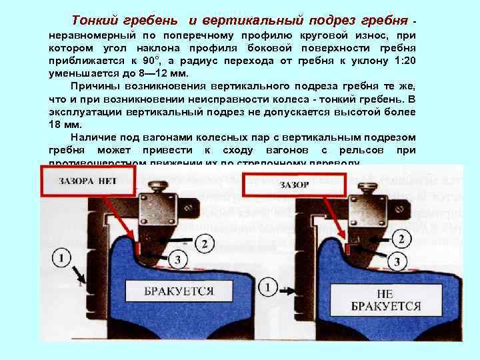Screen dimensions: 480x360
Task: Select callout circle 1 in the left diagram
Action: [61, 257]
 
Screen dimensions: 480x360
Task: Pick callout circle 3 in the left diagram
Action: [177, 259]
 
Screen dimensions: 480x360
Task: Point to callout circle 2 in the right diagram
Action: [402, 239]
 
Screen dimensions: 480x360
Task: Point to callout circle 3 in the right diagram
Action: [397, 261]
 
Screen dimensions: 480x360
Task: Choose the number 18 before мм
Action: [55, 125]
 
